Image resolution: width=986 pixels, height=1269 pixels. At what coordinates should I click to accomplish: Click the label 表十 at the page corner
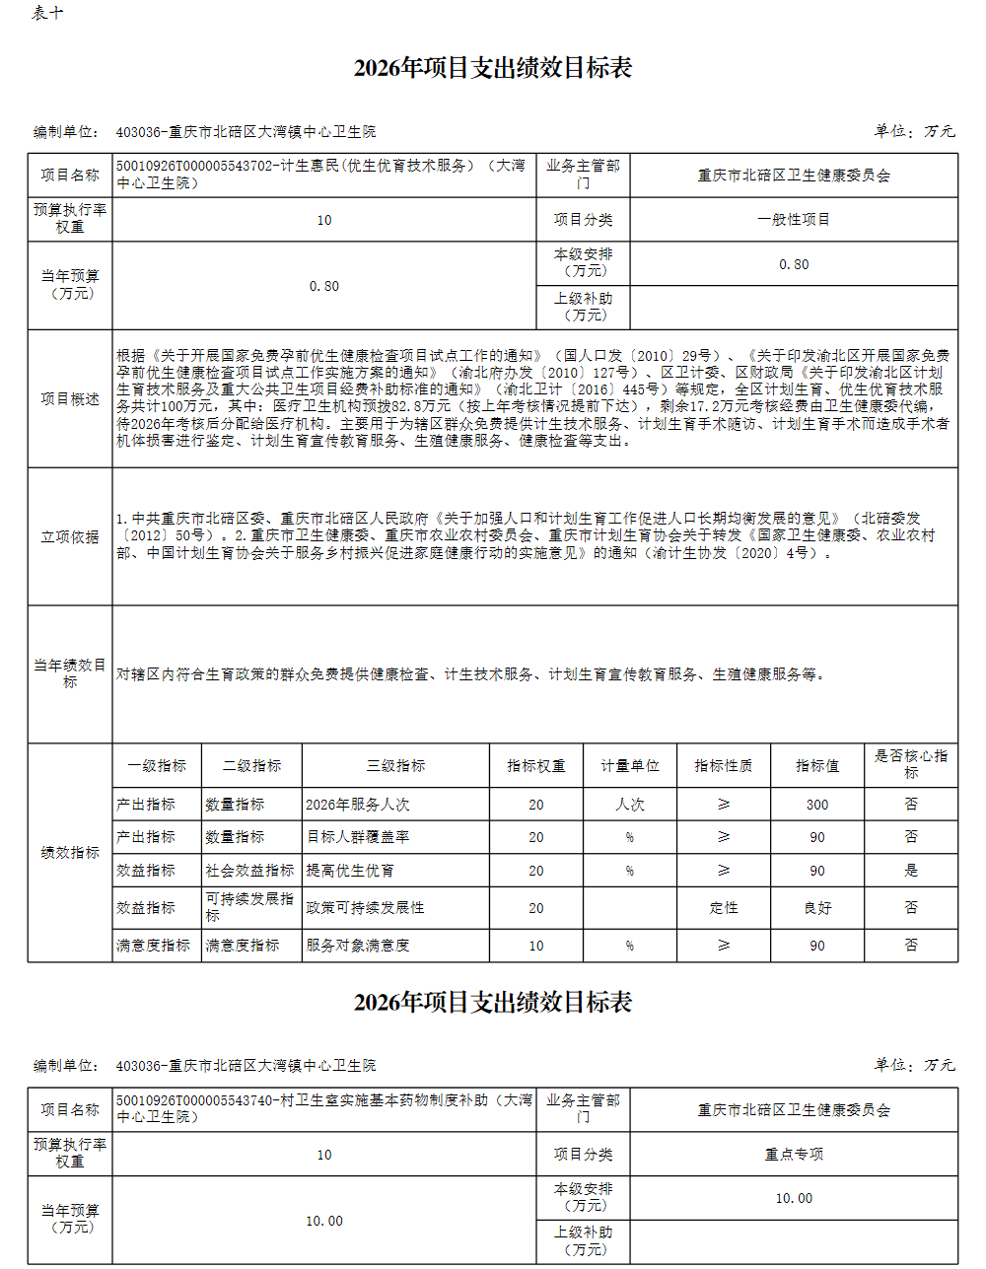click(47, 13)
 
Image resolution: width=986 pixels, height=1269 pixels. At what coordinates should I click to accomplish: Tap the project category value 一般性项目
click(793, 219)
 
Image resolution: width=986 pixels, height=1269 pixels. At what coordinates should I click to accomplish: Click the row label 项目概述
click(70, 398)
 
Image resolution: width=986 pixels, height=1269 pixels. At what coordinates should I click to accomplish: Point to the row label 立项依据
click(70, 536)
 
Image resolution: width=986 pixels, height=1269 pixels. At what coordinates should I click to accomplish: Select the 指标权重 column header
click(535, 765)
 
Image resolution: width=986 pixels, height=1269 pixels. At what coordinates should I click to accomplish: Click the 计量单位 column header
click(629, 765)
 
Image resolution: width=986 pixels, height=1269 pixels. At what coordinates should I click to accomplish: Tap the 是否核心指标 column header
click(910, 764)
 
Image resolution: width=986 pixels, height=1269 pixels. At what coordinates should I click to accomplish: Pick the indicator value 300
click(817, 805)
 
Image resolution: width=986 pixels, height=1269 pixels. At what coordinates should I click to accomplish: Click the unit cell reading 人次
click(629, 805)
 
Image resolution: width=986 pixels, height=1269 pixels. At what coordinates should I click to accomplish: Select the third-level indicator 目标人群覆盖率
click(358, 836)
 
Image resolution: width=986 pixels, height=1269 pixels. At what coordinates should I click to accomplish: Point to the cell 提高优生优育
click(350, 871)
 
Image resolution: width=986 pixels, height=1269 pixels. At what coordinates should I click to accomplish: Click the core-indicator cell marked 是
click(910, 871)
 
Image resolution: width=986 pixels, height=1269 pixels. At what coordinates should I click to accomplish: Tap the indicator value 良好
click(817, 908)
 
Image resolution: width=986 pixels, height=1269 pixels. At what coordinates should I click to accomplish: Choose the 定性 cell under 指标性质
click(723, 908)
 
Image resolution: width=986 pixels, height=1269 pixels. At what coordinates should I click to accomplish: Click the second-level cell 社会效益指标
click(249, 871)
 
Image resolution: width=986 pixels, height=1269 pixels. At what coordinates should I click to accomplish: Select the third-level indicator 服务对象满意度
click(358, 946)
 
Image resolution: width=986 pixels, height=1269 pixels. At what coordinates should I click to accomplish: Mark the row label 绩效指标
click(70, 852)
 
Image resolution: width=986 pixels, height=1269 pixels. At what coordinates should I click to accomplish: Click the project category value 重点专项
click(793, 1154)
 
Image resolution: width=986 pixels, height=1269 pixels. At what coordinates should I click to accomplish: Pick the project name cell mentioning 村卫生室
click(324, 1108)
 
